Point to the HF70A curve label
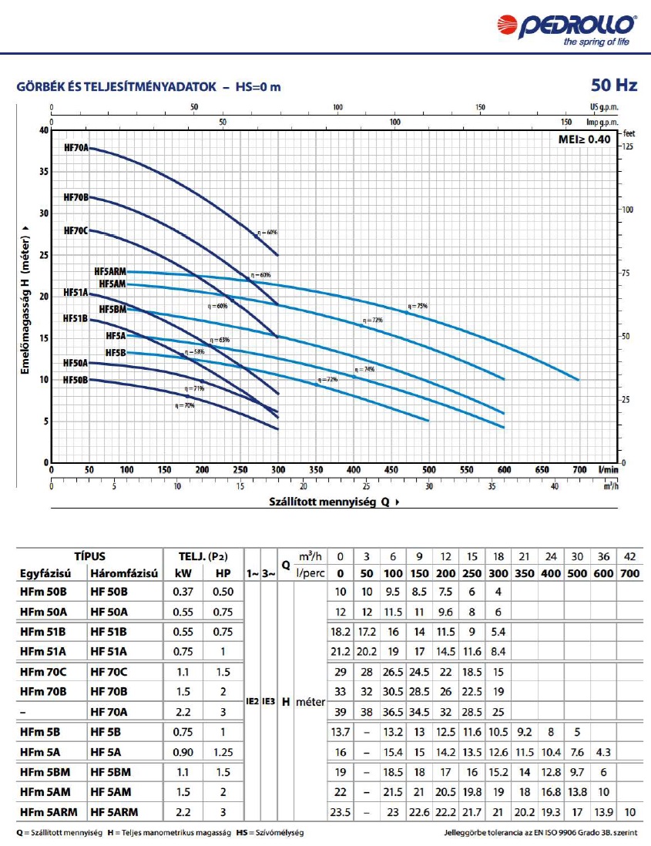pos(76,147)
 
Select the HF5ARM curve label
pos(109,272)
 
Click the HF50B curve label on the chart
pos(76,380)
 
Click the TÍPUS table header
pos(89,556)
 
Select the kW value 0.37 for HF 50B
pos(182,591)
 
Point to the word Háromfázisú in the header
pos(124,574)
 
